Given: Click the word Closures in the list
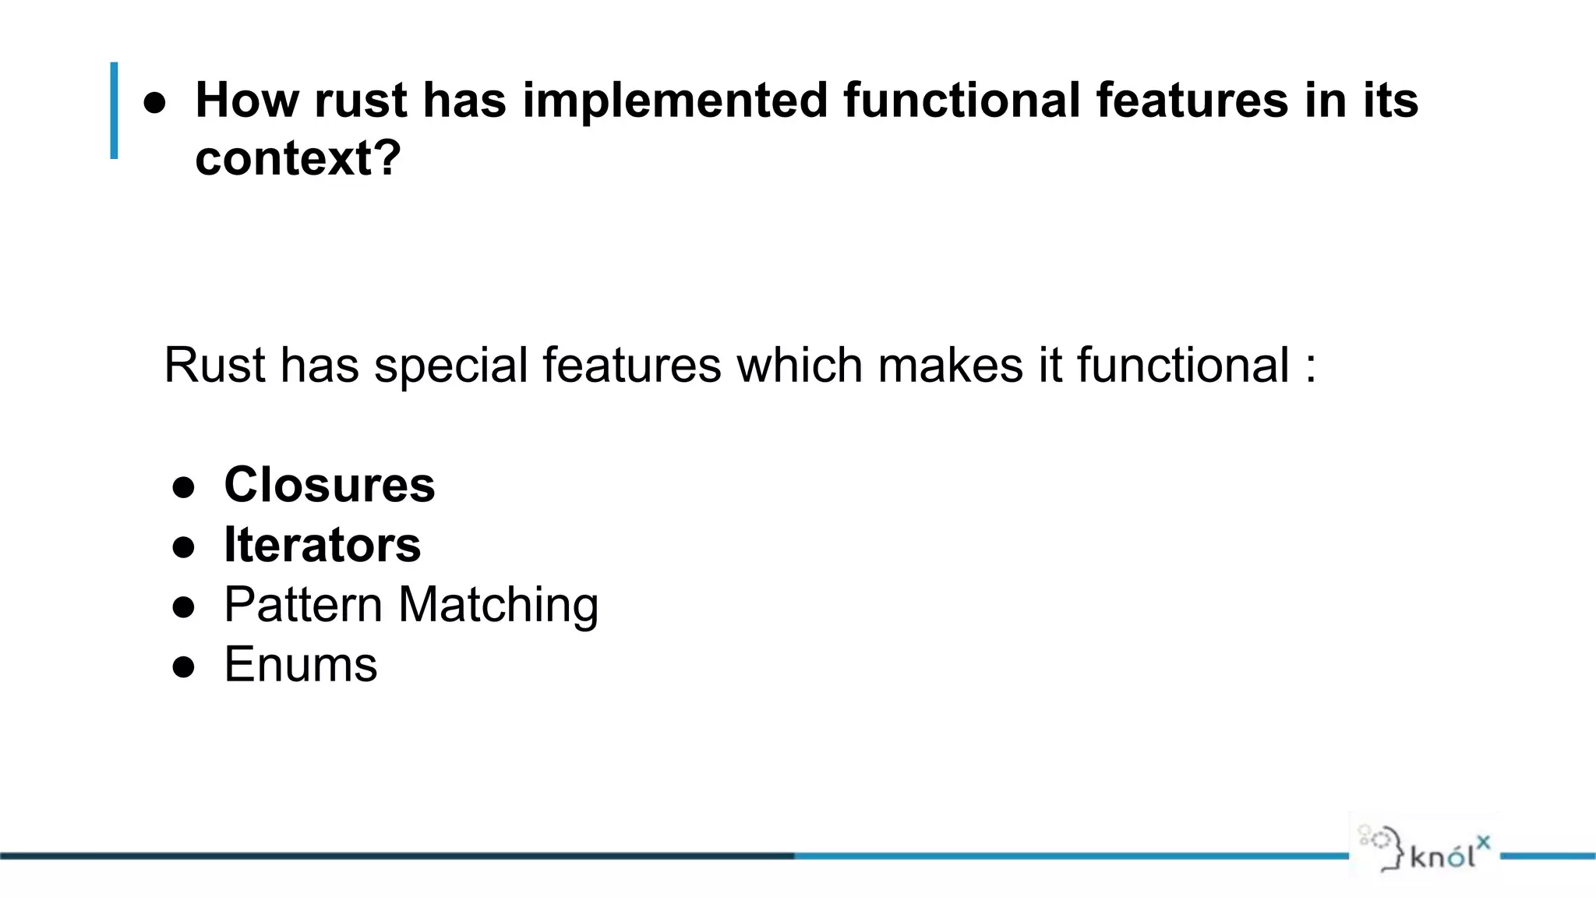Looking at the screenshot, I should pos(329,485).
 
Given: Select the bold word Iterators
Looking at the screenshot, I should pos(322,545).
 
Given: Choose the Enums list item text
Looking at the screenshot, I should pos(300,665).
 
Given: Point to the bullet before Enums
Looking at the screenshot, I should pos(184,667).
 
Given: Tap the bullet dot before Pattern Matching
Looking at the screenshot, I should pos(184,607).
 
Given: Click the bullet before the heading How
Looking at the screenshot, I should pos(155,103).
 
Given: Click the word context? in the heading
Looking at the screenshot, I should pos(298,158).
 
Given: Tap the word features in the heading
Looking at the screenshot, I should pos(1192,101).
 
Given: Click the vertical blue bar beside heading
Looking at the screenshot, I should pos(115,111).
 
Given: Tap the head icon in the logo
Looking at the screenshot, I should pos(1382,848).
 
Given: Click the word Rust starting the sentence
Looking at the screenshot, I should pos(214,365).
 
